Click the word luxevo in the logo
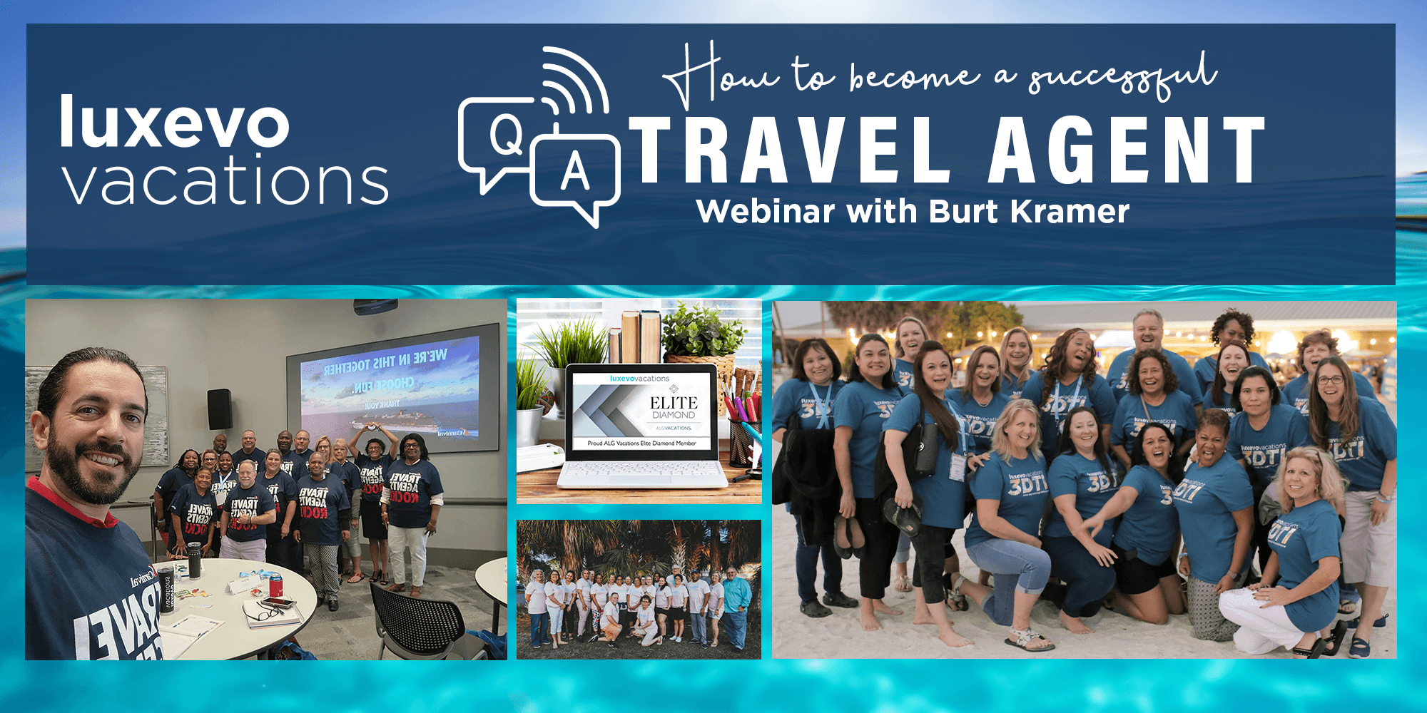click(175, 123)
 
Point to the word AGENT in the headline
click(1126, 151)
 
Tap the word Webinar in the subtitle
click(766, 212)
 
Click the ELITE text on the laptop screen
click(673, 403)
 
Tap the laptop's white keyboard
click(642, 471)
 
